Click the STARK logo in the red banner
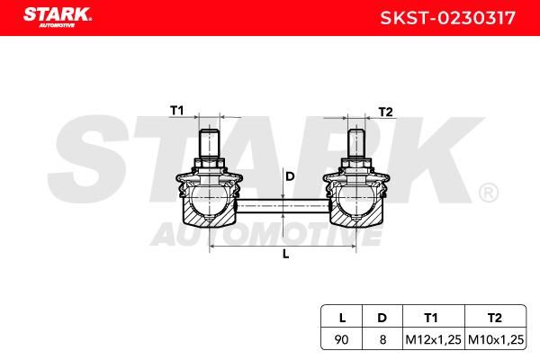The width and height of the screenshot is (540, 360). [58, 17]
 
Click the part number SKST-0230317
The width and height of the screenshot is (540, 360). [447, 18]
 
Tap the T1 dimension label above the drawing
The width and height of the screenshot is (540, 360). [177, 111]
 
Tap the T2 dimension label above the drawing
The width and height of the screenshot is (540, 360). [385, 112]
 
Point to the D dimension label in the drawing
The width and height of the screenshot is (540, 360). [290, 176]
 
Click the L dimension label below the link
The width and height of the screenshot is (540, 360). [285, 254]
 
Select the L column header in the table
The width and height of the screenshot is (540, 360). [342, 318]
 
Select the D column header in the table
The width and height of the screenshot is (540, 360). [382, 318]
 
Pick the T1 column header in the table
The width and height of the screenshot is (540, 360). [431, 318]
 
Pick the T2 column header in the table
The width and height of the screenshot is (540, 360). [494, 318]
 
